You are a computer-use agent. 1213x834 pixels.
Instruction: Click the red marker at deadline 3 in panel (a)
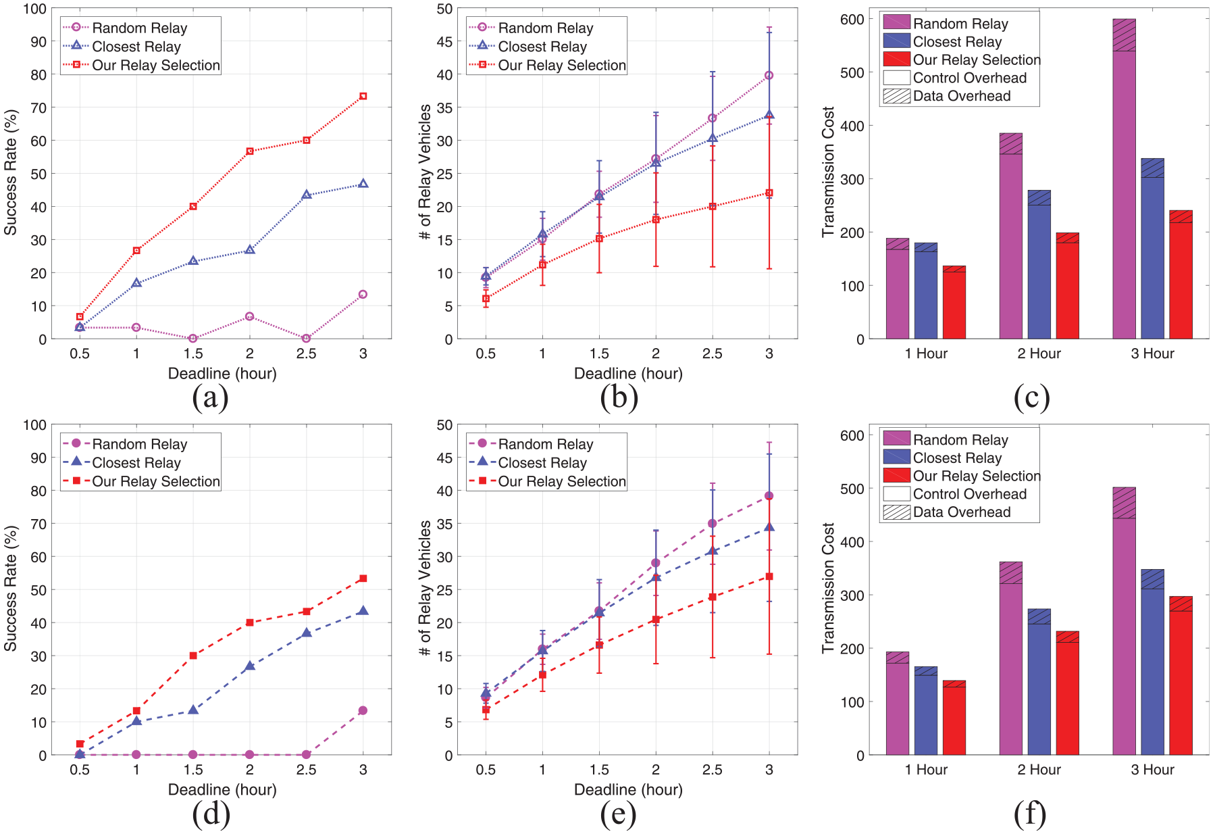[363, 96]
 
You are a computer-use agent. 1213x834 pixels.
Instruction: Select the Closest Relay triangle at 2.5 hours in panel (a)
[307, 195]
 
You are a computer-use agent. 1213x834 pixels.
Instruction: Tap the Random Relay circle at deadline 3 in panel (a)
[363, 294]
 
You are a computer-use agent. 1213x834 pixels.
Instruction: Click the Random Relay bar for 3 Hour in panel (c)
[1124, 178]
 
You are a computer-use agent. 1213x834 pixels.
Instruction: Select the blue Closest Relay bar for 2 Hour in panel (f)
[1039, 682]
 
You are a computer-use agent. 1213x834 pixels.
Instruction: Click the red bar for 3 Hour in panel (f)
[1181, 676]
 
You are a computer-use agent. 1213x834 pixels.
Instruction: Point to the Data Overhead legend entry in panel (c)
[947, 96]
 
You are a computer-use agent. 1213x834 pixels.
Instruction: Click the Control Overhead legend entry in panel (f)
[955, 494]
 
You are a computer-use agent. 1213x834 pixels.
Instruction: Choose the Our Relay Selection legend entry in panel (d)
[141, 481]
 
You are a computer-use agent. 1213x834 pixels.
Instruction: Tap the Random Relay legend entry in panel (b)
[531, 28]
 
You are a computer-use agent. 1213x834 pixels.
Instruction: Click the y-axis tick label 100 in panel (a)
[34, 9]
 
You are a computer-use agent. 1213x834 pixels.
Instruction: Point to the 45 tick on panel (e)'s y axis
[444, 458]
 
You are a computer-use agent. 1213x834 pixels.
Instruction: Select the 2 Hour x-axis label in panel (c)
[1039, 353]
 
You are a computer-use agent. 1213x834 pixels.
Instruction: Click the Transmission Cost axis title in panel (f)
[828, 588]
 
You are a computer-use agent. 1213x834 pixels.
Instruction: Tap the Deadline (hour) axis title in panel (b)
[628, 374]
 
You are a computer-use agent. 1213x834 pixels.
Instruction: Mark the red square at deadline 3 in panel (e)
[769, 577]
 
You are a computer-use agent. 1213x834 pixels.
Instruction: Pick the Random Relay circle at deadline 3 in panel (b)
[769, 75]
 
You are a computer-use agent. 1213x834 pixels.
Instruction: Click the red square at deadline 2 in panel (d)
[250, 622]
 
